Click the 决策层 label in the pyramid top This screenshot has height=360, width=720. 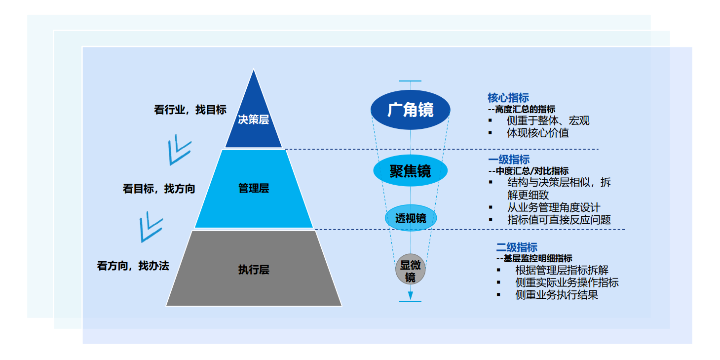[x=253, y=120]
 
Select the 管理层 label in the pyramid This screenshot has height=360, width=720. [x=254, y=188]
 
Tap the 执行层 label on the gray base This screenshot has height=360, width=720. [x=254, y=270]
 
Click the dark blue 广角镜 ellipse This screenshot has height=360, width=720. [x=410, y=110]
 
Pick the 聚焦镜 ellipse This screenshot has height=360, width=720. [x=410, y=171]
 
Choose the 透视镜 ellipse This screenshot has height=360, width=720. [x=410, y=218]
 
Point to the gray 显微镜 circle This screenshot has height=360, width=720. [x=410, y=271]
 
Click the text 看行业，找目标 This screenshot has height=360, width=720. [x=190, y=110]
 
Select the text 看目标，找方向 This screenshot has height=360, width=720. [x=159, y=188]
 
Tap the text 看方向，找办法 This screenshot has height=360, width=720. [x=133, y=266]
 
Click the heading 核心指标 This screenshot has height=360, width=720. [x=508, y=98]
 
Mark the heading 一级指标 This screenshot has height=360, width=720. [x=509, y=160]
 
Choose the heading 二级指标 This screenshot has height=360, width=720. [x=517, y=247]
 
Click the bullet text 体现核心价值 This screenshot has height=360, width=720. [x=538, y=133]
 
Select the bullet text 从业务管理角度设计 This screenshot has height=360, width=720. [x=554, y=208]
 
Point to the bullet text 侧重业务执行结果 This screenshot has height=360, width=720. [x=557, y=295]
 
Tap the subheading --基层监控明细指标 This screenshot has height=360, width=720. [x=534, y=258]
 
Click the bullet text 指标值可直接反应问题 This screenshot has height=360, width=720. [x=559, y=220]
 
